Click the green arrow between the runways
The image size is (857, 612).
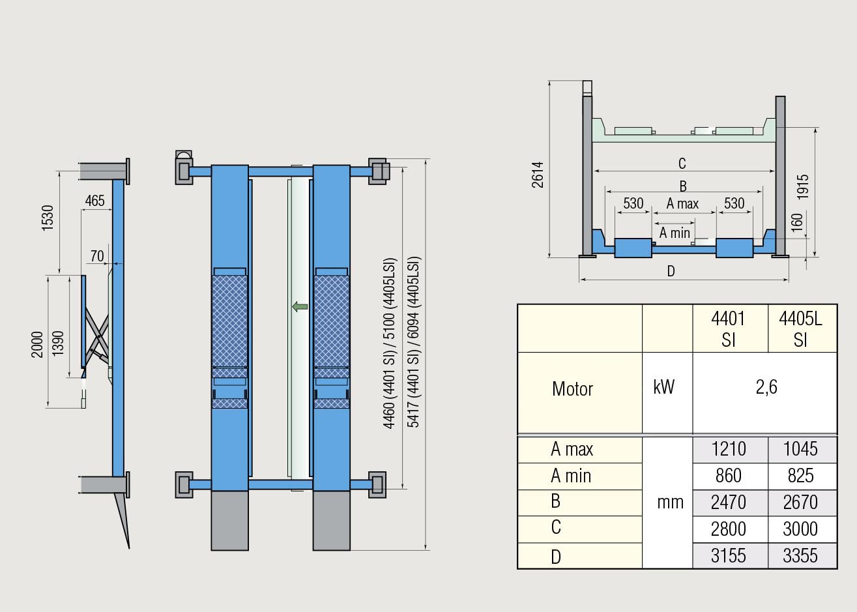[x=300, y=306]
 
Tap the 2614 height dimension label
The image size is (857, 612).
[x=538, y=175]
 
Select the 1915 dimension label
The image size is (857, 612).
[x=803, y=187]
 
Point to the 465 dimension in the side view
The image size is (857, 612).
[x=94, y=201]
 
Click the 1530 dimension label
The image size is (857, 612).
[x=48, y=218]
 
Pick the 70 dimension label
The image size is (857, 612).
[x=97, y=256]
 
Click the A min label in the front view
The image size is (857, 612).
[x=675, y=233]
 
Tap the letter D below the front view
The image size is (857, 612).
[x=671, y=271]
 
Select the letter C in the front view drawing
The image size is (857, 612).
[x=682, y=164]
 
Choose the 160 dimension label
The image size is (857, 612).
[x=796, y=223]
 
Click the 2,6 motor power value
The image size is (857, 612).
[x=766, y=387]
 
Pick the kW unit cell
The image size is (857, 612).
[x=664, y=386]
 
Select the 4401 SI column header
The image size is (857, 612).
[x=728, y=329]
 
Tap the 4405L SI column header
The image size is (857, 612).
[x=800, y=329]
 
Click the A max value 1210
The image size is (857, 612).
[x=729, y=448]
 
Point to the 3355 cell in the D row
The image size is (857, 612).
[x=800, y=556]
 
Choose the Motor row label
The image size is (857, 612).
[x=572, y=389]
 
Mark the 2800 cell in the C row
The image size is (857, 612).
[x=729, y=529]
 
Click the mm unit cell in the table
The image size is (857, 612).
[x=671, y=503]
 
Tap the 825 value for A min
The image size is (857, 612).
[x=800, y=476]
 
